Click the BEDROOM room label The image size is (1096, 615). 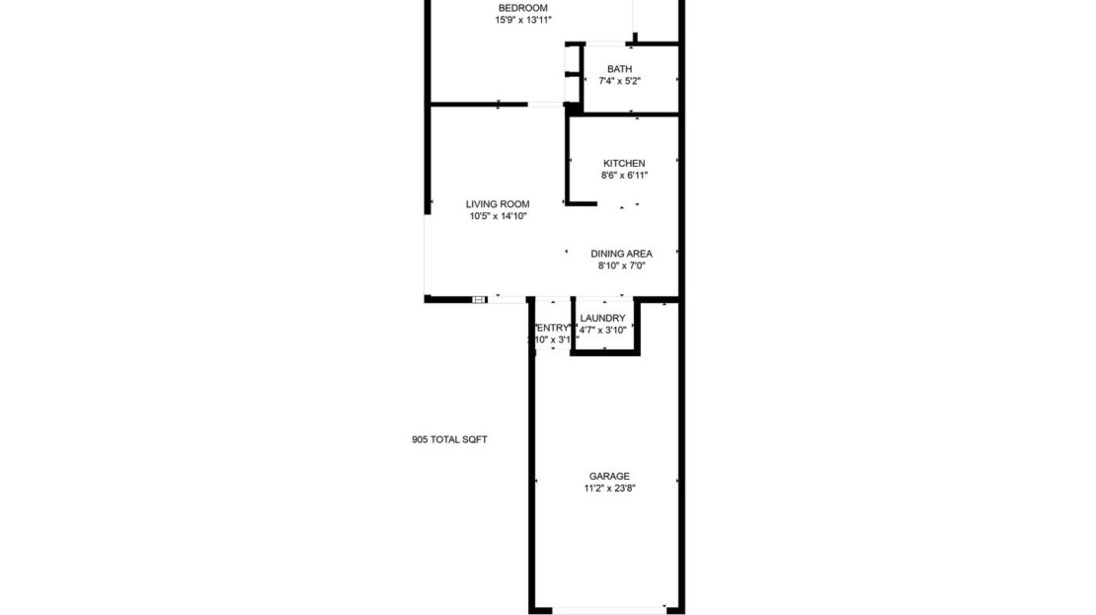tap(522, 8)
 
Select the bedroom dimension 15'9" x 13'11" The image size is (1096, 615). tap(522, 20)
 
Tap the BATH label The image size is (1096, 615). tap(619, 69)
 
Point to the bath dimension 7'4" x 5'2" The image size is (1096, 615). tap(619, 81)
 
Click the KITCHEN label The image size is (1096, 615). tap(624, 164)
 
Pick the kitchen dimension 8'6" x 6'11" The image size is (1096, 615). tap(624, 176)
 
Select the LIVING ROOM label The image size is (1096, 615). tap(498, 204)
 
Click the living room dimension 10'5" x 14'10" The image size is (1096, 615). tap(498, 216)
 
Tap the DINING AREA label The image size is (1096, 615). tap(621, 254)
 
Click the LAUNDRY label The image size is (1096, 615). tap(602, 318)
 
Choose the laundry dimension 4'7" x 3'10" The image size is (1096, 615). tap(602, 330)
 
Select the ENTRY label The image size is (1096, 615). tap(552, 328)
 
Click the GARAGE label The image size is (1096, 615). tap(608, 476)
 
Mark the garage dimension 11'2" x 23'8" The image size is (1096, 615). tap(608, 488)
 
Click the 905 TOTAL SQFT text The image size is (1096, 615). tap(449, 440)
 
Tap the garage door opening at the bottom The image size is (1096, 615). tap(607, 609)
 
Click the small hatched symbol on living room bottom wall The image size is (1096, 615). tap(479, 298)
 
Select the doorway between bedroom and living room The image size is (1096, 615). tap(544, 104)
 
